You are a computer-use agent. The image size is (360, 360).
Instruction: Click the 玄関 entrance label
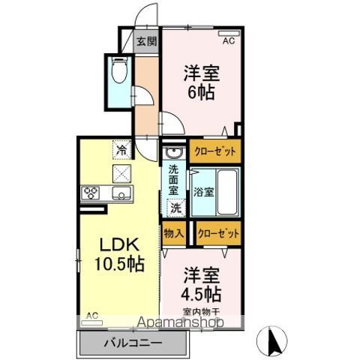[x=145, y=41]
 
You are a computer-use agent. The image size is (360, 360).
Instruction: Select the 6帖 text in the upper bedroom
[x=201, y=94]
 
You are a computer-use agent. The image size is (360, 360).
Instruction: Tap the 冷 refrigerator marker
[x=121, y=149]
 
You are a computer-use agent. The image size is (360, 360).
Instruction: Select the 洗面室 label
[x=174, y=179]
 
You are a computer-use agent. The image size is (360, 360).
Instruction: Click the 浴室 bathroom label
[x=204, y=191]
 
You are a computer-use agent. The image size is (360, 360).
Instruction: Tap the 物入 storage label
[x=174, y=233]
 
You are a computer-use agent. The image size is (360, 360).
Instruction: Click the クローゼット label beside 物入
[x=219, y=234]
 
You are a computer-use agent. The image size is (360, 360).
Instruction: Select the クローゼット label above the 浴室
[x=216, y=151]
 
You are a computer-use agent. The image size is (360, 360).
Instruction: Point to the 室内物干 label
[x=201, y=310]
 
